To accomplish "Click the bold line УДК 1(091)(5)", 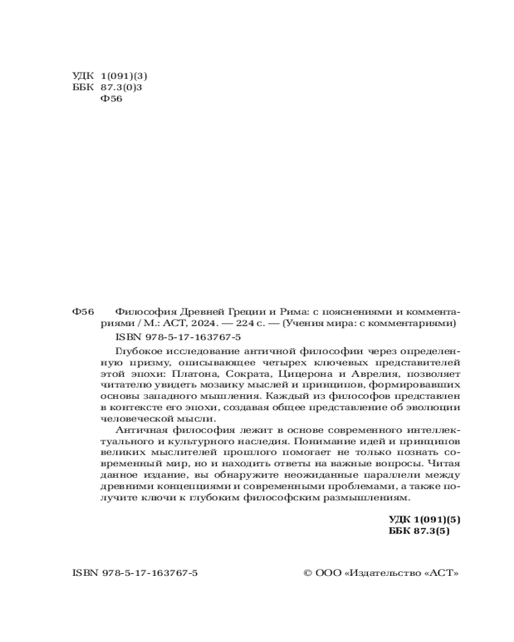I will [x=425, y=519].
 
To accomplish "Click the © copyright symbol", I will [x=307, y=573].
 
